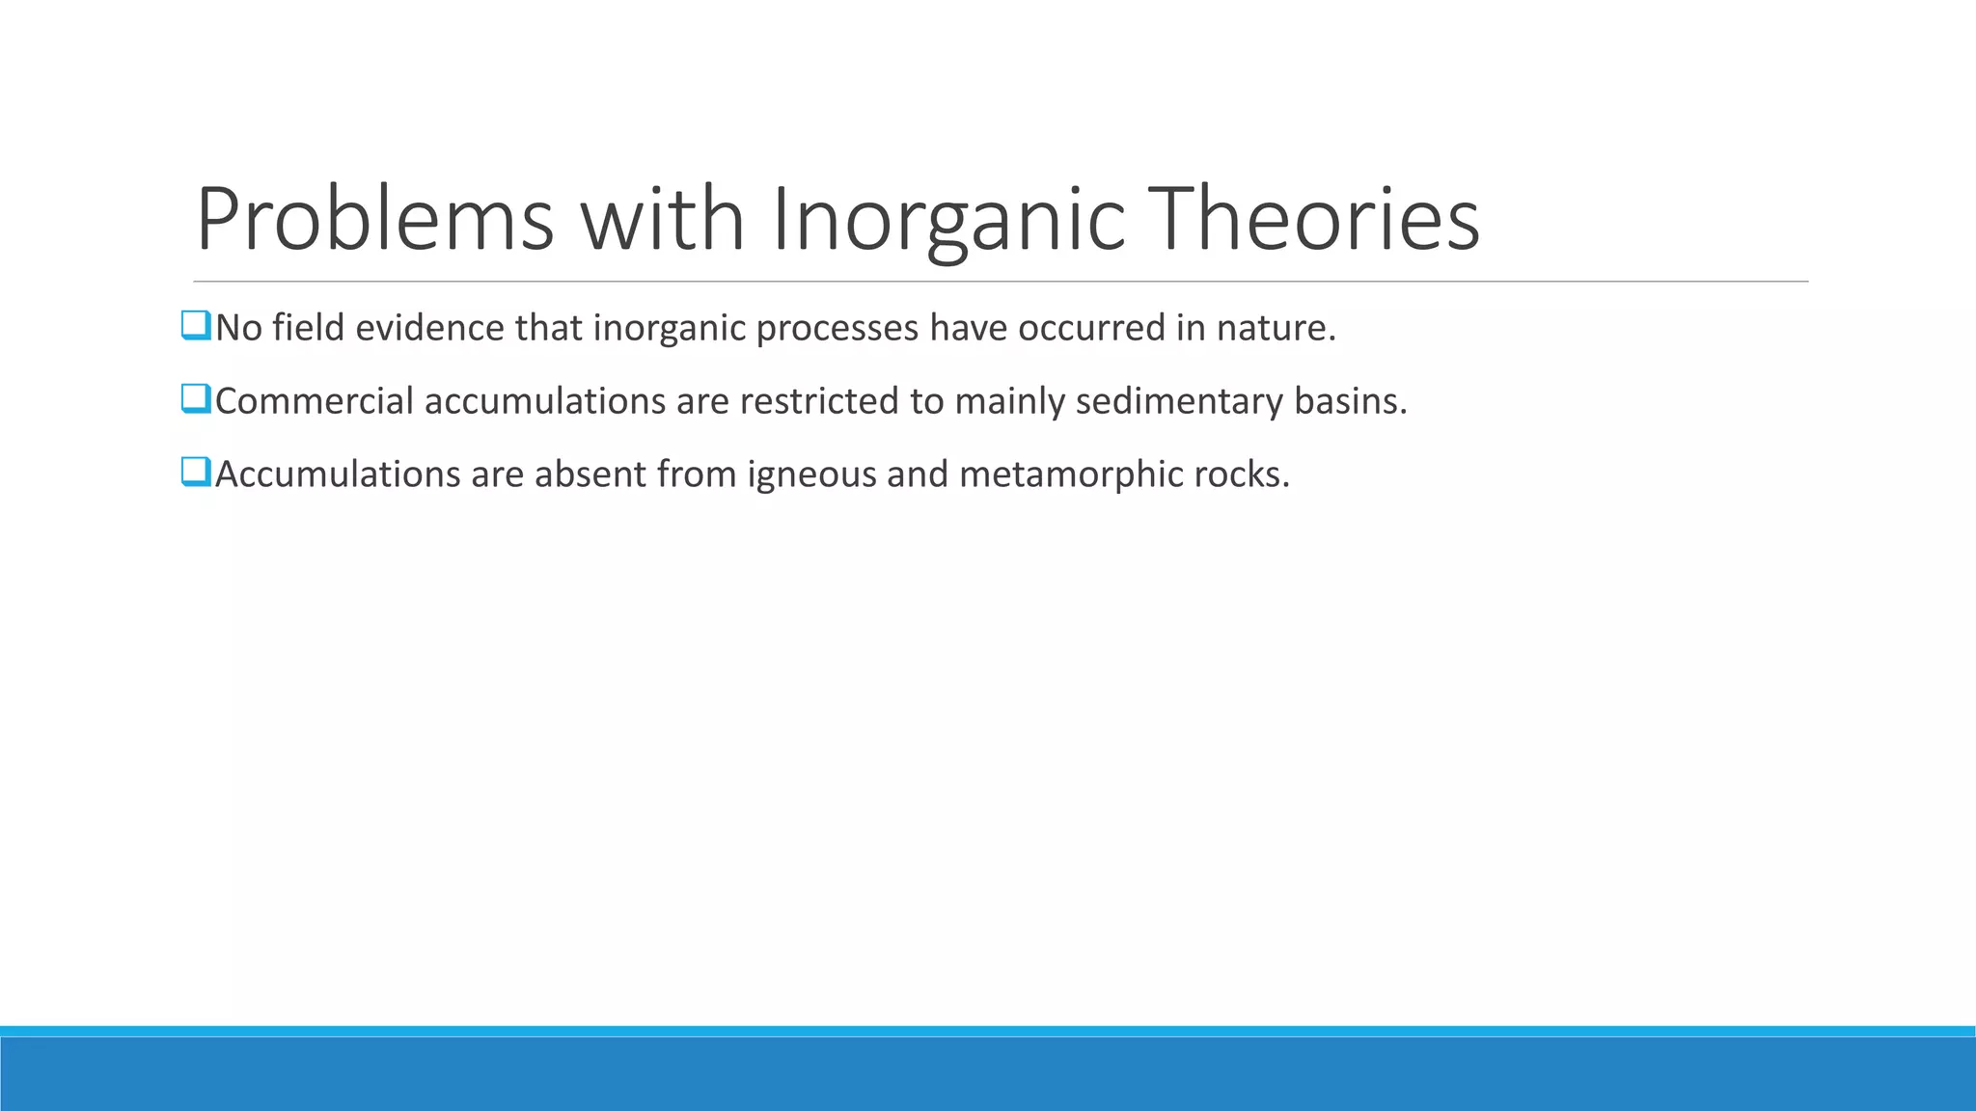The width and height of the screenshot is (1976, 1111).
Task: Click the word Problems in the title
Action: click(374, 220)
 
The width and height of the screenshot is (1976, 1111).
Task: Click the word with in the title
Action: click(662, 220)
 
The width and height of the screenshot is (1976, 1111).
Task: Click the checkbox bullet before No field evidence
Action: click(195, 326)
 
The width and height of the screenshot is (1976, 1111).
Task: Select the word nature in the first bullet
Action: click(1275, 328)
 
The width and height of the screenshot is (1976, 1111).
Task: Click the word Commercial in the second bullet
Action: click(314, 401)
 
